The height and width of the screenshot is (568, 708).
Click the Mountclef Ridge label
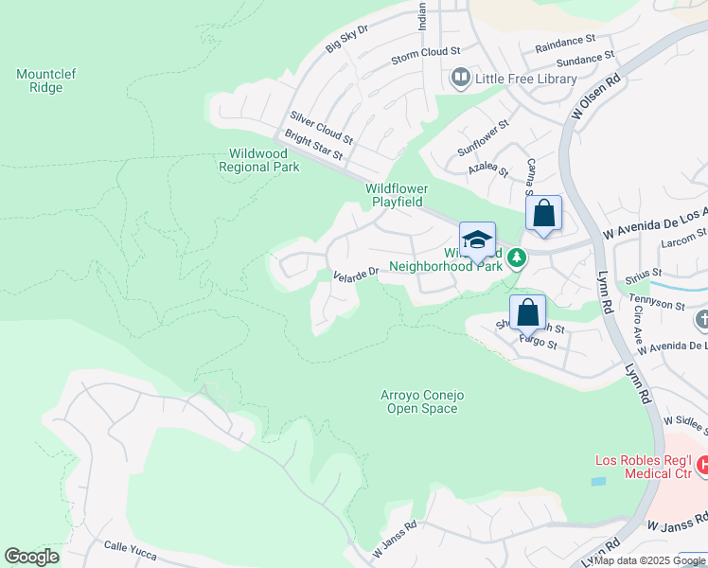[40, 80]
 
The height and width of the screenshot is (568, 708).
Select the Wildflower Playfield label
[397, 195]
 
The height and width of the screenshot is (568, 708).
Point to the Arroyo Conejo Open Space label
[422, 401]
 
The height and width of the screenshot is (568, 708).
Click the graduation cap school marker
[477, 239]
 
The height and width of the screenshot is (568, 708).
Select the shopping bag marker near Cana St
[543, 212]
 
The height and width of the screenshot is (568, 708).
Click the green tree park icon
[516, 257]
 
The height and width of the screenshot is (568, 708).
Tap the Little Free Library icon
[461, 78]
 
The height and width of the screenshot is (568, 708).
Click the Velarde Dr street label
[356, 274]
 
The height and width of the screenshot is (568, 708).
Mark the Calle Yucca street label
[128, 547]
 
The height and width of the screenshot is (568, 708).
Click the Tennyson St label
[654, 305]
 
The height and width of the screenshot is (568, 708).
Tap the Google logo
[31, 557]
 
